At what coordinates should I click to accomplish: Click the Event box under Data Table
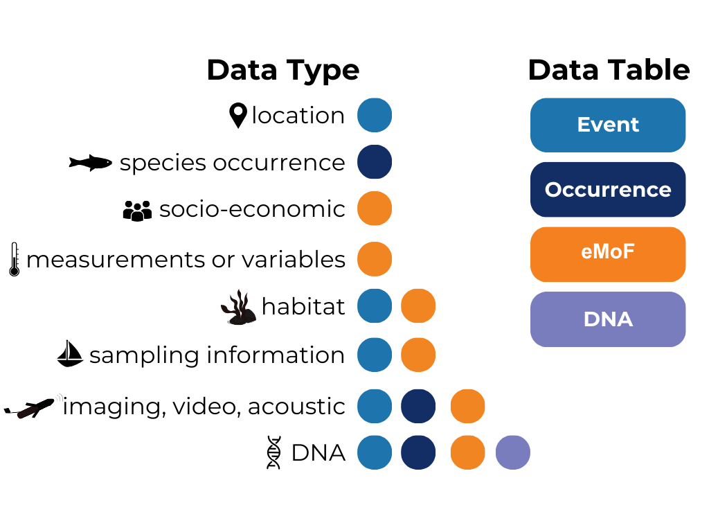point(608,125)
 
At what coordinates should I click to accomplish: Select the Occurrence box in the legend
point(608,190)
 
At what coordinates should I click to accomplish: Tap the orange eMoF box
point(608,254)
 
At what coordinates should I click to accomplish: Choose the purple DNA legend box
point(608,319)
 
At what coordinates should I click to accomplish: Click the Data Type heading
point(283,71)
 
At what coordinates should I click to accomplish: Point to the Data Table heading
point(609,70)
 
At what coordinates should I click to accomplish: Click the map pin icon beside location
point(238,116)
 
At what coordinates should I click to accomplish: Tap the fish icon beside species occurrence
point(91,163)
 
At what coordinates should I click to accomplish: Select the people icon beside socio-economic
point(138,211)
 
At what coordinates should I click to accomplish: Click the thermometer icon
point(15,259)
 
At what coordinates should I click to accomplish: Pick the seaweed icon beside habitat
point(239,308)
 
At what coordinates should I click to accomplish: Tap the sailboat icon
point(70,353)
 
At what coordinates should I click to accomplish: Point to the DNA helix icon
point(273,452)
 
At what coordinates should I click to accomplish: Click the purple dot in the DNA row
point(513,452)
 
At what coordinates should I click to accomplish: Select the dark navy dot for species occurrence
point(375,162)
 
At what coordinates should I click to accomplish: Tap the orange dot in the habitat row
point(418,305)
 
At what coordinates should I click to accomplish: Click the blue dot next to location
point(375,115)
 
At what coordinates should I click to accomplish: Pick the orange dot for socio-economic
point(375,208)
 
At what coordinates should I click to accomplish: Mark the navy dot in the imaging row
point(418,406)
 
